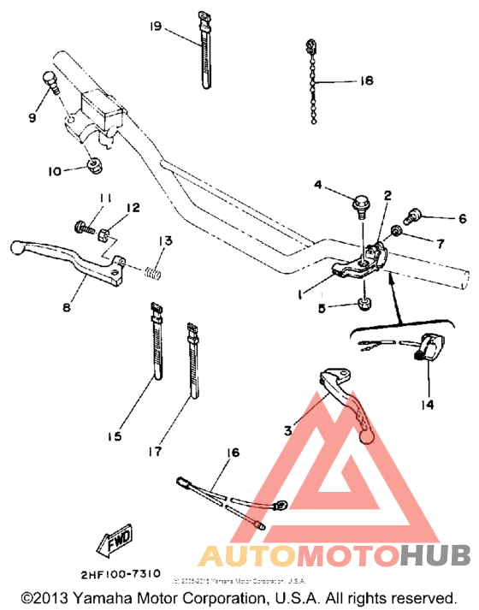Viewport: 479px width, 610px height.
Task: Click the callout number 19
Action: coord(156,27)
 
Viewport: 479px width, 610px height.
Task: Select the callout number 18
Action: coord(366,81)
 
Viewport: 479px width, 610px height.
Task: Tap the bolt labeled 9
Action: coord(50,83)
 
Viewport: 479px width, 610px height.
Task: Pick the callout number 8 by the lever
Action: coord(68,303)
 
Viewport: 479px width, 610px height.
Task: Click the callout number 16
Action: coord(231,453)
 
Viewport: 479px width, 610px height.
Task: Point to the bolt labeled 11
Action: coord(82,227)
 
